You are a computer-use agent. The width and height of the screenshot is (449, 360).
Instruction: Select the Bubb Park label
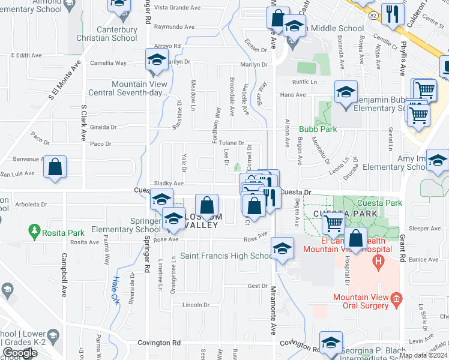[318, 129]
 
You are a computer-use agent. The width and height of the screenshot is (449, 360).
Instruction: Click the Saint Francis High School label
[227, 256]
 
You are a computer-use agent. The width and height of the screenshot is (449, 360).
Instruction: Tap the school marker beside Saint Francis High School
[282, 249]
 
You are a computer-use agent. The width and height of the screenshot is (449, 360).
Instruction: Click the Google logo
[20, 353]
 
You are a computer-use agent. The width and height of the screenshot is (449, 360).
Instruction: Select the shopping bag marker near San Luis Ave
[55, 168]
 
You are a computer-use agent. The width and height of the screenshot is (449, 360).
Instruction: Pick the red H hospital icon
[378, 261]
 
